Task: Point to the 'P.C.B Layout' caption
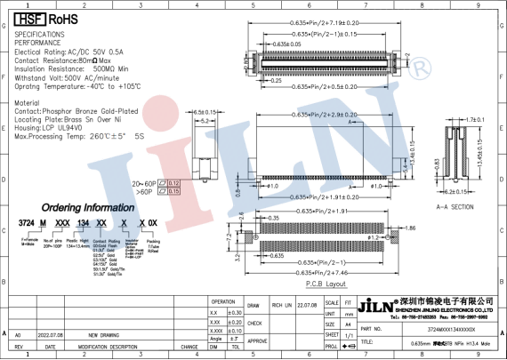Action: click(326, 283)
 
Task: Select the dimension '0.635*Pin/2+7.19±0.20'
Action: click(327, 21)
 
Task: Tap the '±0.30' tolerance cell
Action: click(234, 313)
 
